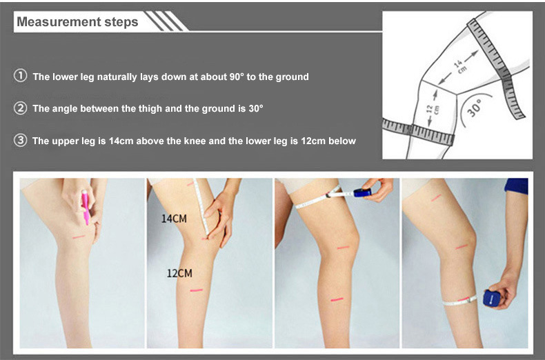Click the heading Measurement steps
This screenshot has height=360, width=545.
[77, 22]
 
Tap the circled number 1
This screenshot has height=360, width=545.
[21, 76]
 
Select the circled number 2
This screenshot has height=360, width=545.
[21, 108]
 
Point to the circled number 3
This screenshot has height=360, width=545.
[21, 141]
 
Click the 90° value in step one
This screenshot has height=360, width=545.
[237, 77]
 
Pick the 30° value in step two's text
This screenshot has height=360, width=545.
[256, 108]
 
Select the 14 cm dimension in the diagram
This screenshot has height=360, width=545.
[459, 66]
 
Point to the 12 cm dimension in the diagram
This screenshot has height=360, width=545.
[433, 110]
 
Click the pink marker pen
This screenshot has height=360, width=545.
[86, 207]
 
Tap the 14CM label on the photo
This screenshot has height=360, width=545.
[174, 219]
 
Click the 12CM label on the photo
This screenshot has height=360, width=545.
[179, 273]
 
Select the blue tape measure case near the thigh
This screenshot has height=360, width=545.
[361, 192]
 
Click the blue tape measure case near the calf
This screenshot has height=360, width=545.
[492, 298]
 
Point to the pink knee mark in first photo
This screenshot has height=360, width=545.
[79, 237]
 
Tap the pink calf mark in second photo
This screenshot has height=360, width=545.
[197, 290]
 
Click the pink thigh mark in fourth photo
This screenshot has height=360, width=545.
[436, 197]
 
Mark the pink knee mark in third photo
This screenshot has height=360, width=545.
[343, 248]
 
